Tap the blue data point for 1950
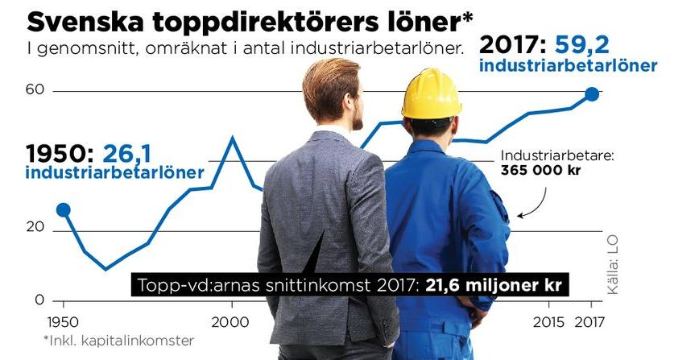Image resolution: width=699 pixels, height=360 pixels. [x=64, y=210]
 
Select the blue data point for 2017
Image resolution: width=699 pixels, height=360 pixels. [x=592, y=94]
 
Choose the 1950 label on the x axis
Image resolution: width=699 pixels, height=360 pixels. [x=64, y=318]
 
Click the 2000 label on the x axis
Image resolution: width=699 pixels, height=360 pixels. [x=233, y=318]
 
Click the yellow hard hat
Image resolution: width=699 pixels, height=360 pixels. [x=431, y=93]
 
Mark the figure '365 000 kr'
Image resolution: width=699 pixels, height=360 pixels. [x=540, y=171]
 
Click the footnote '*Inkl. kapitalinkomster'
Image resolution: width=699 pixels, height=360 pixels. [x=118, y=341]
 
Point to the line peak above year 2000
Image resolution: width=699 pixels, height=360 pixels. [x=233, y=138]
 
